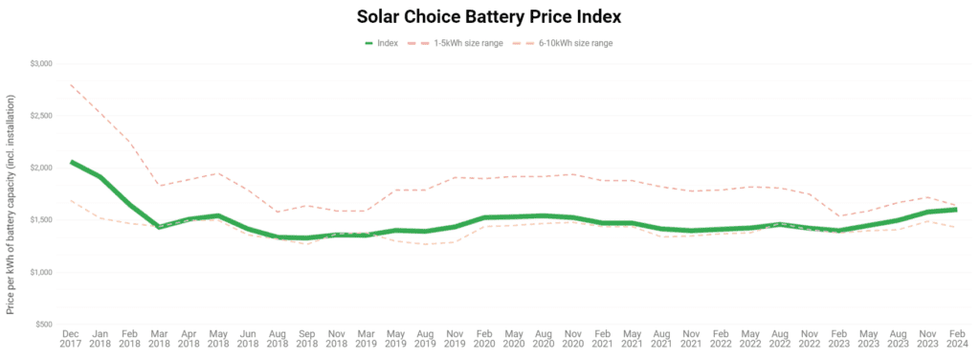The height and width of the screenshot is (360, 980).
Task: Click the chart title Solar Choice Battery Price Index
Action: [x=489, y=17]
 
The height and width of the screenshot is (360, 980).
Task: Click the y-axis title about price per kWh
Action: [x=11, y=204]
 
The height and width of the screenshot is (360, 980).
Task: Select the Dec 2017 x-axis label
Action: [x=71, y=342]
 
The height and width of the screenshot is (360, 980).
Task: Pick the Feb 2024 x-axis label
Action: [x=956, y=342]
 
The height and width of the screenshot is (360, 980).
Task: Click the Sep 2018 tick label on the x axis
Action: [x=307, y=342]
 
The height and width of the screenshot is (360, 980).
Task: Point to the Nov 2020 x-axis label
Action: [x=572, y=342]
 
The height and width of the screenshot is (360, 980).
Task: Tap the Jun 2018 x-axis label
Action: [x=248, y=342]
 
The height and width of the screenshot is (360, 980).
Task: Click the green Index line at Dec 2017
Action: [x=71, y=162]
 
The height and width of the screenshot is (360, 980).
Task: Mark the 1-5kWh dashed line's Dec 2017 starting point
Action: [x=71, y=84]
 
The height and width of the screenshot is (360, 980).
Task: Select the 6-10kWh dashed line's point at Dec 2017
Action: [x=71, y=200]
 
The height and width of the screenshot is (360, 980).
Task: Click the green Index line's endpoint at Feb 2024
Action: [x=956, y=210]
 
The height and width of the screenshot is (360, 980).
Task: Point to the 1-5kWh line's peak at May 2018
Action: [x=218, y=173]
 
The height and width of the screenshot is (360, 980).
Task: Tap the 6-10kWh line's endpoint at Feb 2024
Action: [x=956, y=228]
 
